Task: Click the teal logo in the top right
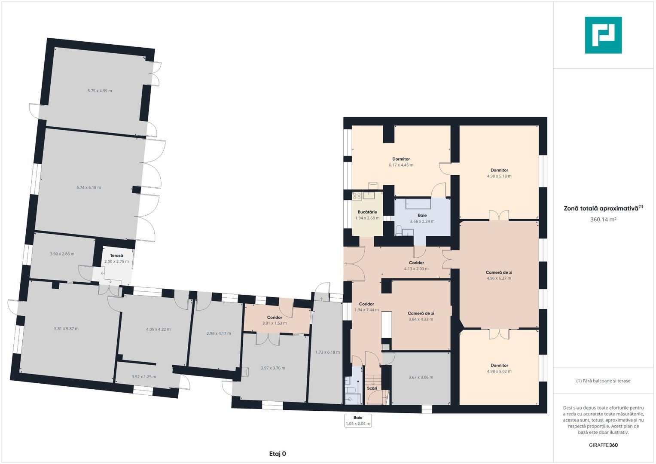pos(603,35)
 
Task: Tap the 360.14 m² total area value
pos(603,220)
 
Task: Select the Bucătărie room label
pos(367,212)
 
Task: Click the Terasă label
pos(116,256)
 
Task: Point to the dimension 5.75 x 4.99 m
pos(100,91)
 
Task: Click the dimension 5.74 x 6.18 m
pos(89,187)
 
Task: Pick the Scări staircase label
pos(372,388)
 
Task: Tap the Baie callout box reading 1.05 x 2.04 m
pos(358,421)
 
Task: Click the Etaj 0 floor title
pos(278,454)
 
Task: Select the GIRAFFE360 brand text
pos(603,445)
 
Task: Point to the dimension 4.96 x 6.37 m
pos(499,278)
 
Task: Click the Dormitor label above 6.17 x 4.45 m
pos(401,159)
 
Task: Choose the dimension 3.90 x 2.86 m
pos(62,254)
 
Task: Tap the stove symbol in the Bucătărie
pos(357,196)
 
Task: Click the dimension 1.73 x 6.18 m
pos(327,352)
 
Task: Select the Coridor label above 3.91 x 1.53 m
pos(275,317)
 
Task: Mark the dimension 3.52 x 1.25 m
pos(144,377)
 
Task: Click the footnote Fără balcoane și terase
pos(603,381)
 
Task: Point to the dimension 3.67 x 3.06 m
pos(421,377)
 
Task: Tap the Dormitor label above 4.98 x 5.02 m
pos(499,365)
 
